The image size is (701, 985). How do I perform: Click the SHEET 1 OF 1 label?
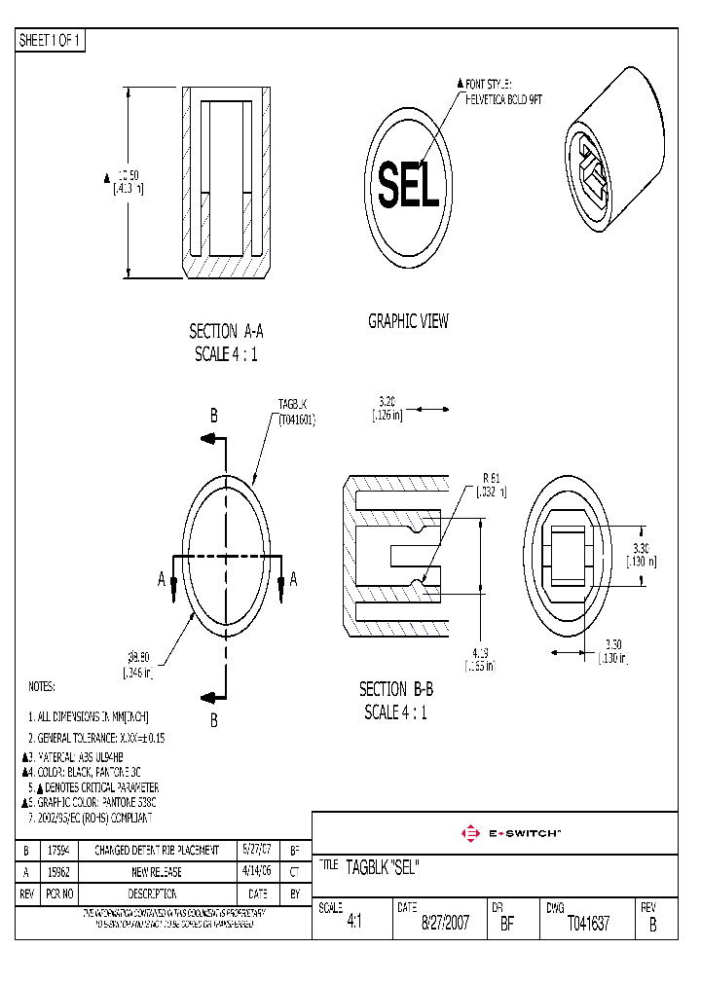[51, 41]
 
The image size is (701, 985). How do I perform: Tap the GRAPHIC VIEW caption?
[408, 321]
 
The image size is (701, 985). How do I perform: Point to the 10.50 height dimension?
[125, 182]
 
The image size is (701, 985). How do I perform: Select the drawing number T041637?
[588, 924]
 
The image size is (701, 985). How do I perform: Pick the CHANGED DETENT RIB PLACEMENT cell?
[157, 850]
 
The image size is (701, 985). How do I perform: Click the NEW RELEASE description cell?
[157, 872]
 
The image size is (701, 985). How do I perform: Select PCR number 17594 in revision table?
[59, 850]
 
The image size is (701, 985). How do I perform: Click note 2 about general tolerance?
[96, 739]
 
